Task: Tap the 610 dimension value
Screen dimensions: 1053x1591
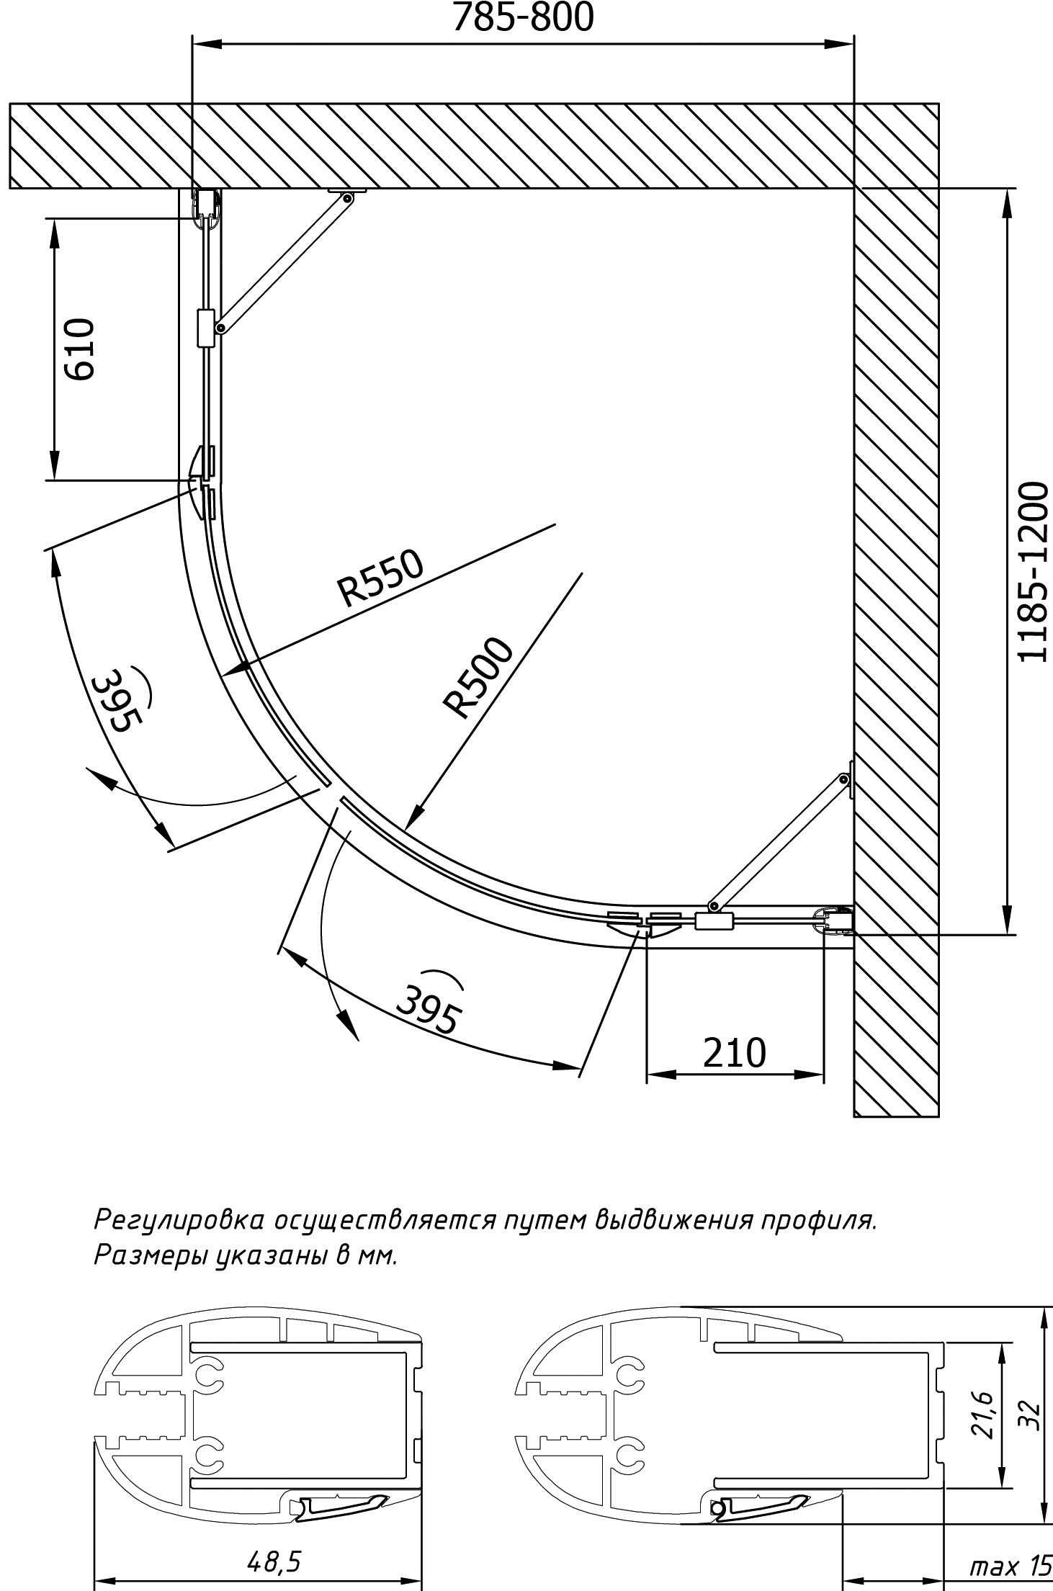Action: pyautogui.click(x=79, y=349)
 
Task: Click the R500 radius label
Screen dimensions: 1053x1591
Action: pyautogui.click(x=479, y=678)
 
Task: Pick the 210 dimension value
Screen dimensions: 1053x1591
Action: pyautogui.click(x=734, y=1052)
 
